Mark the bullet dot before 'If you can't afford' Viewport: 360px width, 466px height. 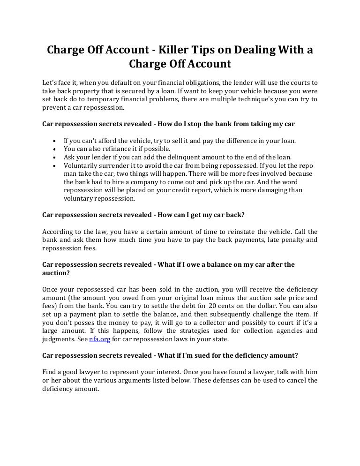pyautogui.click(x=56, y=141)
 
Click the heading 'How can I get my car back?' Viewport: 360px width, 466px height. pyautogui.click(x=201, y=215)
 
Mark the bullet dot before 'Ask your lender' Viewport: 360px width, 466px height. pyautogui.click(x=56, y=158)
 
